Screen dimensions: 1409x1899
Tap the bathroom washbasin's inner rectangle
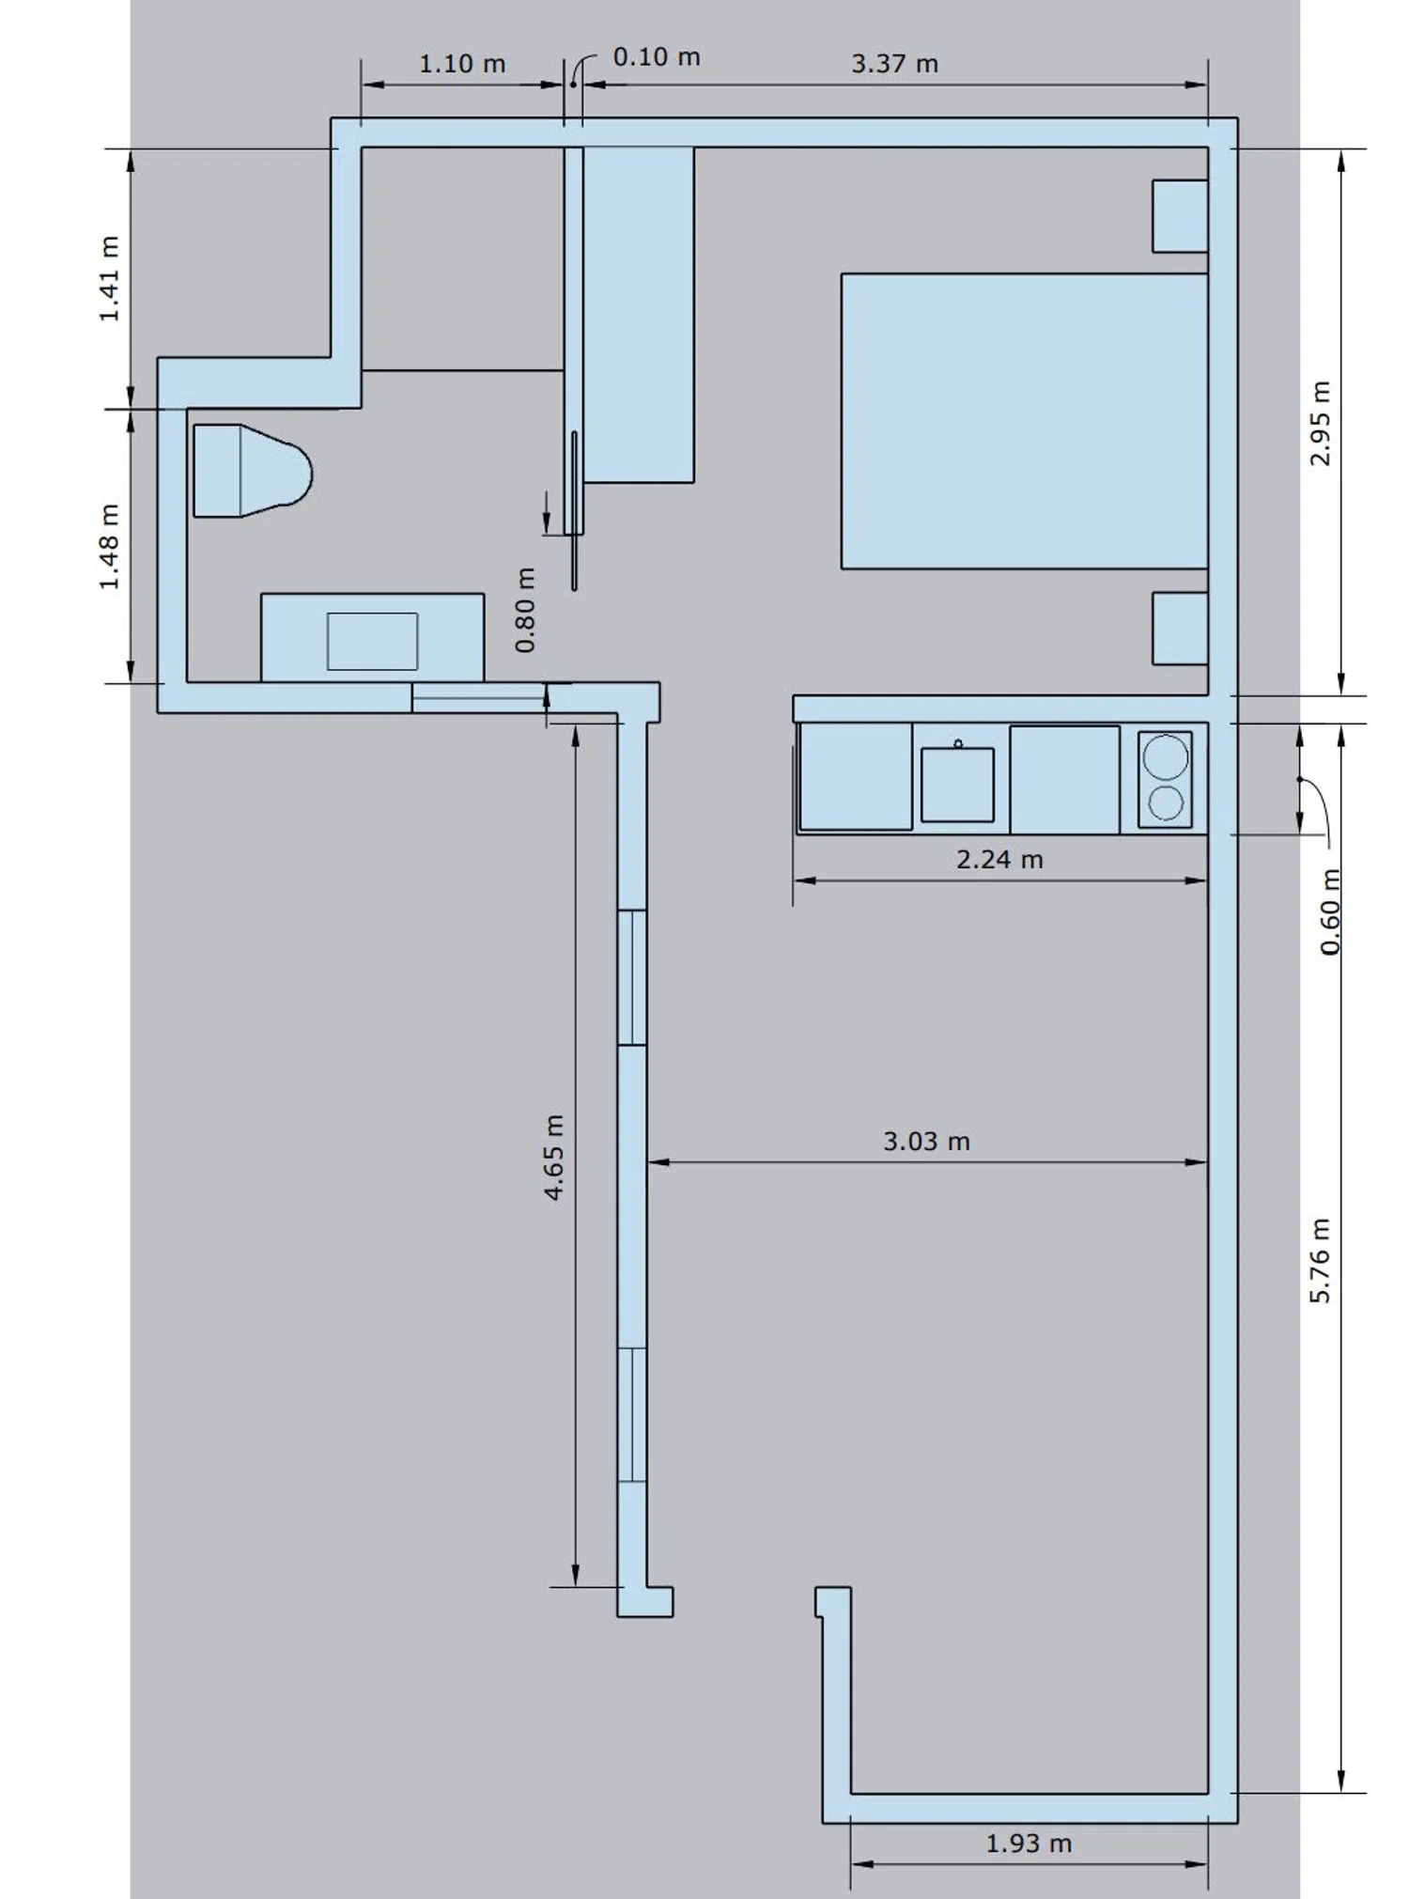point(372,642)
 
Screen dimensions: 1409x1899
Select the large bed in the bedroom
point(1024,421)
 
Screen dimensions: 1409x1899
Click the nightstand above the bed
point(1180,216)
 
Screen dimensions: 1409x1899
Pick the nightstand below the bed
point(1180,629)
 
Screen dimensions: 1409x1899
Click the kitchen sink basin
point(957,785)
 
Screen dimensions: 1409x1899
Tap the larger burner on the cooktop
point(1166,757)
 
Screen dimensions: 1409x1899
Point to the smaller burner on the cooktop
point(1166,803)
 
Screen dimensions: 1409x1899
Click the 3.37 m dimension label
point(894,64)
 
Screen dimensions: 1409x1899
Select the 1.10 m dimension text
point(462,64)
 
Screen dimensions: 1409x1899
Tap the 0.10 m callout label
point(657,57)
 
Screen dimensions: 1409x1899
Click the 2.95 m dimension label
point(1321,423)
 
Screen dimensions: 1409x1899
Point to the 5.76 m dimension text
point(1321,1261)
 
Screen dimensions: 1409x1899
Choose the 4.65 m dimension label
point(554,1158)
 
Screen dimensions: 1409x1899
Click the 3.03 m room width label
point(926,1142)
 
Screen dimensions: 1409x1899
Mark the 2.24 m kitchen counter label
point(999,860)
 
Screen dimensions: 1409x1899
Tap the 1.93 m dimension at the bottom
point(1029,1844)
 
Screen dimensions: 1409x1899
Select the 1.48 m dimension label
point(110,547)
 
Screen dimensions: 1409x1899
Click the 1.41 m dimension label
point(110,279)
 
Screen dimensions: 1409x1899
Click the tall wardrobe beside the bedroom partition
point(639,315)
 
